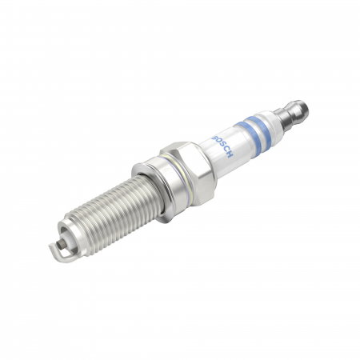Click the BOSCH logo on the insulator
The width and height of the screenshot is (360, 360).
(222, 146)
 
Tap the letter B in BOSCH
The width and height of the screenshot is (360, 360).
(214, 137)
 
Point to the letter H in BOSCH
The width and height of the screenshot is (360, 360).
(230, 154)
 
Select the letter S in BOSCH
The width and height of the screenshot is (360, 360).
(222, 146)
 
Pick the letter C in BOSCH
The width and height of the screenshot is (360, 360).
(226, 150)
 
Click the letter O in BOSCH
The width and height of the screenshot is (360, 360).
(218, 142)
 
